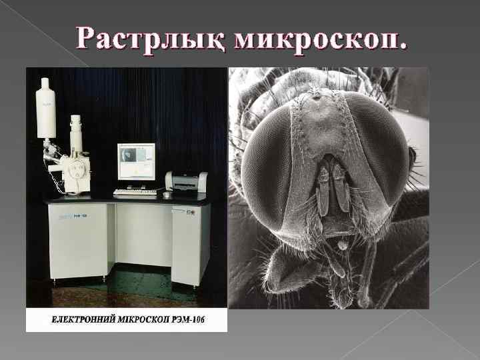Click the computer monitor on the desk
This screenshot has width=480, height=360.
point(136,161)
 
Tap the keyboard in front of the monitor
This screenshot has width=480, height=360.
point(135,192)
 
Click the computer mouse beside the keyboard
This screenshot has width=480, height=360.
point(166,195)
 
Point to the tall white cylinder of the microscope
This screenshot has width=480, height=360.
point(45,108)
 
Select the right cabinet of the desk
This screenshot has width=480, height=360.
point(191,243)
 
